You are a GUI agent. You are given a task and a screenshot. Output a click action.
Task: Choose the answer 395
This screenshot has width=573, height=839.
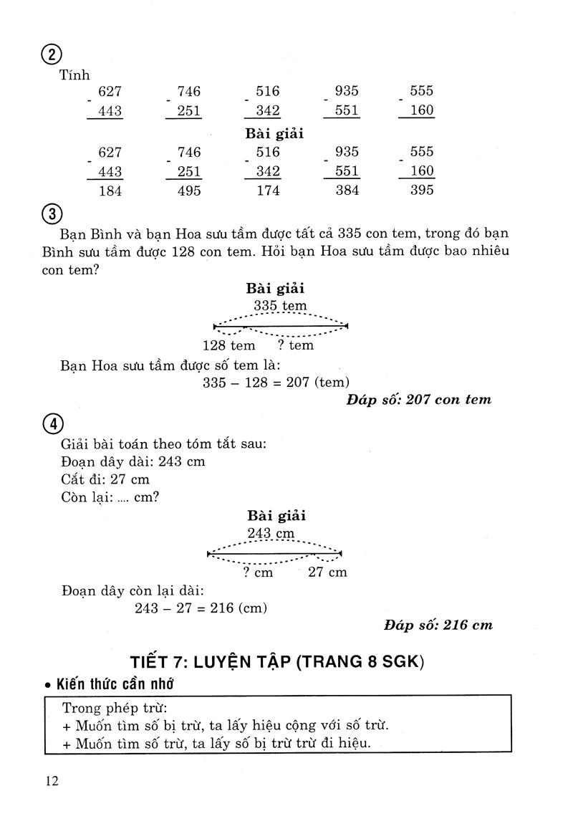click(x=420, y=191)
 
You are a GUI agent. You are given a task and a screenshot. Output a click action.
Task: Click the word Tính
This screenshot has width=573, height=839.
click(x=76, y=75)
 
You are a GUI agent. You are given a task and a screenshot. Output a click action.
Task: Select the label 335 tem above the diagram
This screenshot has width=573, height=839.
click(x=279, y=306)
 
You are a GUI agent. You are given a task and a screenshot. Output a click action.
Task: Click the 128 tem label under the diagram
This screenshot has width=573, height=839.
click(x=229, y=345)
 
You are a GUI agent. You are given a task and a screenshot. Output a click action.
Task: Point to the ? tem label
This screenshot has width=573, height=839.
click(x=296, y=345)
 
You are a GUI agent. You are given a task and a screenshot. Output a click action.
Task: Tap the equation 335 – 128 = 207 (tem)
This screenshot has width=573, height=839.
click(x=276, y=382)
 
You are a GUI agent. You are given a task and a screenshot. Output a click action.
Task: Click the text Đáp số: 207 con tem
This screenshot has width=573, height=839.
click(x=419, y=400)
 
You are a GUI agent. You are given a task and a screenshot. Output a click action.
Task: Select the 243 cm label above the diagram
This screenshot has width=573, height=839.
click(x=271, y=533)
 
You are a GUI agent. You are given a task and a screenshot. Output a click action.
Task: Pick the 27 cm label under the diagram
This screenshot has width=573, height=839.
click(x=327, y=572)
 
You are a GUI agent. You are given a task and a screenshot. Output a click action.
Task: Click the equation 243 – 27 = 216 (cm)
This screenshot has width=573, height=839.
click(x=201, y=608)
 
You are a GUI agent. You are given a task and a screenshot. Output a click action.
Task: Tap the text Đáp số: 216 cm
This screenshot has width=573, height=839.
click(x=438, y=625)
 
